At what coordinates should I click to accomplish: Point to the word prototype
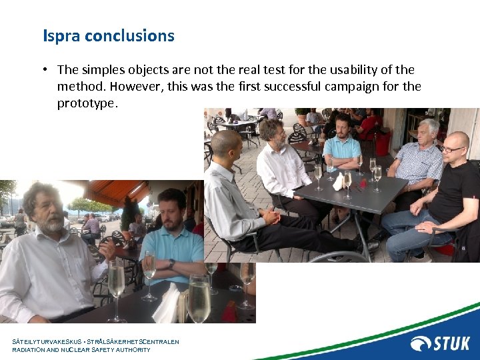(87, 103)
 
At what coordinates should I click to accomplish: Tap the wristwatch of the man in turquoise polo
(171, 264)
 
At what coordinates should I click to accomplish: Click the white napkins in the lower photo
(167, 303)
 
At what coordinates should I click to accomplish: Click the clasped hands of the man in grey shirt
(270, 217)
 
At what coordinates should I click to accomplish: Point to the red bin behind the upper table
(382, 143)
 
